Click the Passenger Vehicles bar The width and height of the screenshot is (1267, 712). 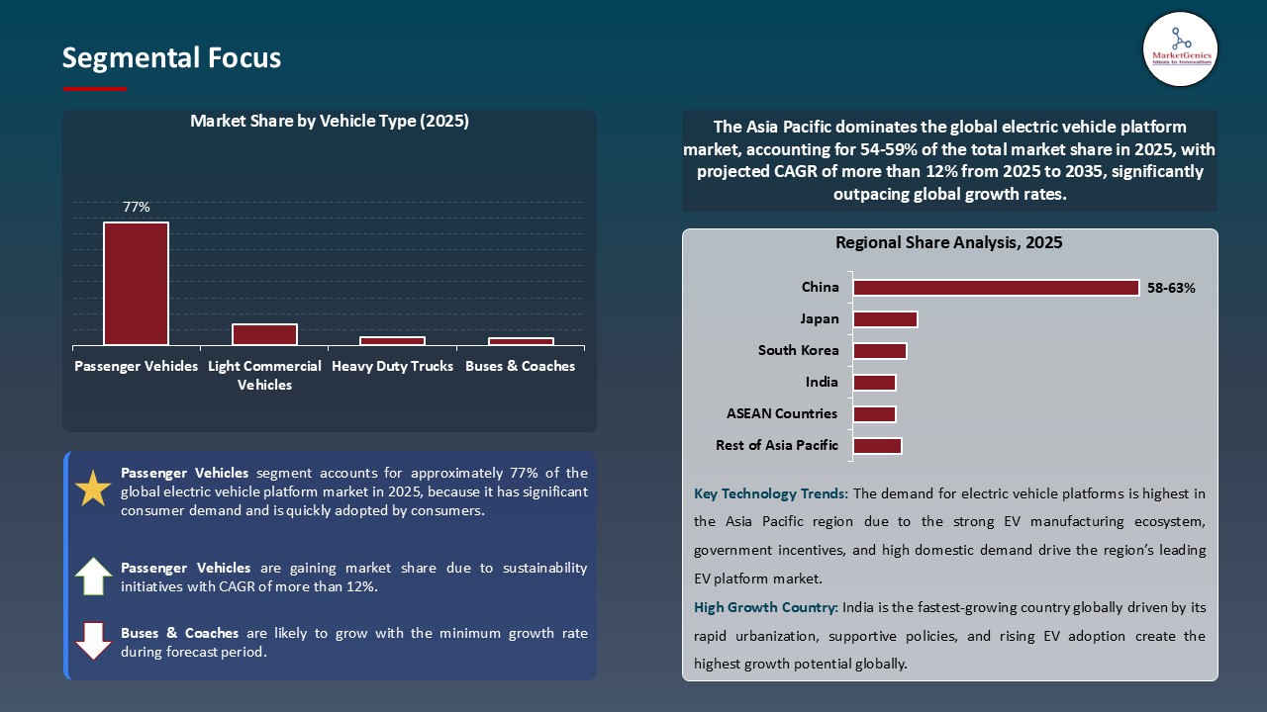tap(136, 284)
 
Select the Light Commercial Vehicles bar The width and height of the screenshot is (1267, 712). tap(264, 335)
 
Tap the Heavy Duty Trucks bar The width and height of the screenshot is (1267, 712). tap(392, 341)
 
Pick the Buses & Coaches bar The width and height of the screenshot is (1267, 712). tap(521, 342)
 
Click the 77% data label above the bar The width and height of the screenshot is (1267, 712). tap(137, 207)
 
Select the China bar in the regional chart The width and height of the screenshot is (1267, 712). tap(996, 288)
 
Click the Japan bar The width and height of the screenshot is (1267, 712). tap(885, 319)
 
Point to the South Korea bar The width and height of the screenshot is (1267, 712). tap(880, 351)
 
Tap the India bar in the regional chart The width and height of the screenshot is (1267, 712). tap(874, 383)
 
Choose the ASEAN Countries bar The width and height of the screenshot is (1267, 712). tap(874, 414)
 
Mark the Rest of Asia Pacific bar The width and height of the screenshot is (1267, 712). tap(877, 446)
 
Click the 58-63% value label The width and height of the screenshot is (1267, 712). tap(1172, 289)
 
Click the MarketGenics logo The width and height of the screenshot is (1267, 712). tap(1180, 48)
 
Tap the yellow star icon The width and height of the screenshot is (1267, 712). tap(94, 489)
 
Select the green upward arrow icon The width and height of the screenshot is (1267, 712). tap(94, 577)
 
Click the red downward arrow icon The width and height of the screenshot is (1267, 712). tap(94, 641)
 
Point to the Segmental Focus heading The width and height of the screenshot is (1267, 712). tap(171, 58)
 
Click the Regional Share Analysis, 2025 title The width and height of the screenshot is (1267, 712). tap(948, 243)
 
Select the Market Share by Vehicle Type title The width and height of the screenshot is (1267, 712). tap(329, 122)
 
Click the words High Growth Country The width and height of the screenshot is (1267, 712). tap(764, 607)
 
